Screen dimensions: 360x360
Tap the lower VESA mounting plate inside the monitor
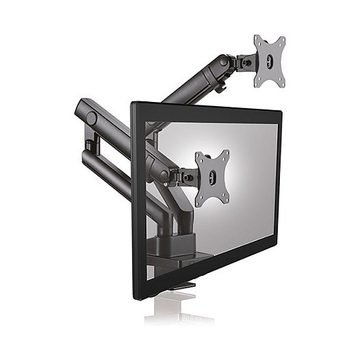click(x=211, y=177)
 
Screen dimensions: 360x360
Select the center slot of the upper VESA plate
click(x=270, y=62)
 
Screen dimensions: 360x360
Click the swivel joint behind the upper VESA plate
click(x=244, y=62)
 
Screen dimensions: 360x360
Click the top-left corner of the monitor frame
click(x=133, y=104)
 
